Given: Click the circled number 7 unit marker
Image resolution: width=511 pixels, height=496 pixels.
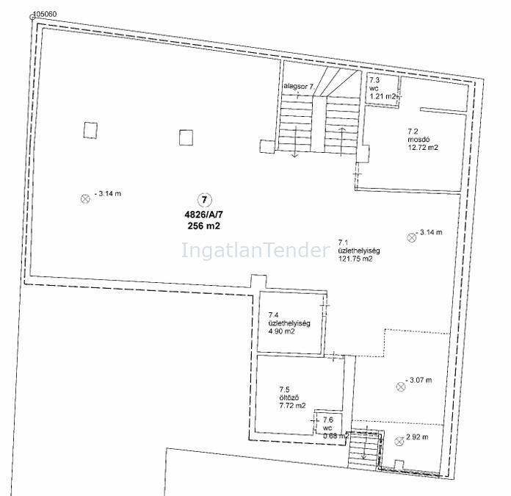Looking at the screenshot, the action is [205, 200].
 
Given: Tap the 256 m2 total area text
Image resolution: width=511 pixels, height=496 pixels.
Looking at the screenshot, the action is [203, 226].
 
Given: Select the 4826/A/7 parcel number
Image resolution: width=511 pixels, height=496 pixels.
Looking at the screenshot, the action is [204, 215].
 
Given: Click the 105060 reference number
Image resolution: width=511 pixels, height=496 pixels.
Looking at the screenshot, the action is [46, 14].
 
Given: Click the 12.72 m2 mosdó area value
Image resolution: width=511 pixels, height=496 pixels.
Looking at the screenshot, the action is [423, 148].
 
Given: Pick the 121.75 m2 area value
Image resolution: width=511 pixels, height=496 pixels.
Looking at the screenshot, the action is [355, 259].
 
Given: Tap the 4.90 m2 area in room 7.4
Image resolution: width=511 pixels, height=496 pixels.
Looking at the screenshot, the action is [282, 331].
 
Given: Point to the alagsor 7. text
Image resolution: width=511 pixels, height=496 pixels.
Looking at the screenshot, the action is [299, 87].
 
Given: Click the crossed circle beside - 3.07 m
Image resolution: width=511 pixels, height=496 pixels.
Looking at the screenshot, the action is [401, 387].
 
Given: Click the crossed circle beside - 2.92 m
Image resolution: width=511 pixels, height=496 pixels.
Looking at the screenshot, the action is [399, 442].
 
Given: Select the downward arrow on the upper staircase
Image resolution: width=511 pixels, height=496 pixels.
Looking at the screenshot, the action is [295, 142].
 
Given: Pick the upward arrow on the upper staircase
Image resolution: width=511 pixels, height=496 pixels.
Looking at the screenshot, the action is [341, 142].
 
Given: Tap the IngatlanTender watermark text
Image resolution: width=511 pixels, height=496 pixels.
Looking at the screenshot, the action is [255, 251].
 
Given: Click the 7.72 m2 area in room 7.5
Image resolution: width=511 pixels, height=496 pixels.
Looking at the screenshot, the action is [293, 406].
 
